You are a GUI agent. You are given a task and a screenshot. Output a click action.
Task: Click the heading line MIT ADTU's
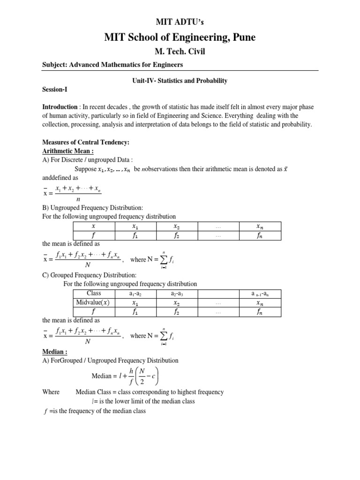pos(180,22)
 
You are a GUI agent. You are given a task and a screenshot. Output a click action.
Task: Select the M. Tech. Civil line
pos(180,52)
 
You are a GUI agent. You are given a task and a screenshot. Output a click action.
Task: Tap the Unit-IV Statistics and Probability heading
pos(180,81)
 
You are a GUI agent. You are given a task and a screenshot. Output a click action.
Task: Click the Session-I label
pos(55,89)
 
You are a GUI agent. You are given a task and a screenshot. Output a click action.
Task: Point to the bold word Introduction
pos(60,107)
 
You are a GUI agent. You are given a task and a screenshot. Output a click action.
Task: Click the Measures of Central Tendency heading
pos(86,142)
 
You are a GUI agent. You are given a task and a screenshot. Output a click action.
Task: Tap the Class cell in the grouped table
pos(94,293)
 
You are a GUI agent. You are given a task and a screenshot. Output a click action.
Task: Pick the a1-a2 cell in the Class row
pos(135,294)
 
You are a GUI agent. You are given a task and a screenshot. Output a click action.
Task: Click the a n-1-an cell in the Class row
pos(260,294)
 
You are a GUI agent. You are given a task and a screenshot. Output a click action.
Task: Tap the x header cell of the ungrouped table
pos(93,226)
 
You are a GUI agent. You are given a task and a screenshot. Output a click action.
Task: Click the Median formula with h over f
pos(124,376)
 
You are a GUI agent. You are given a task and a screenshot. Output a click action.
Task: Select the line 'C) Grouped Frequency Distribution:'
pos(89,275)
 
